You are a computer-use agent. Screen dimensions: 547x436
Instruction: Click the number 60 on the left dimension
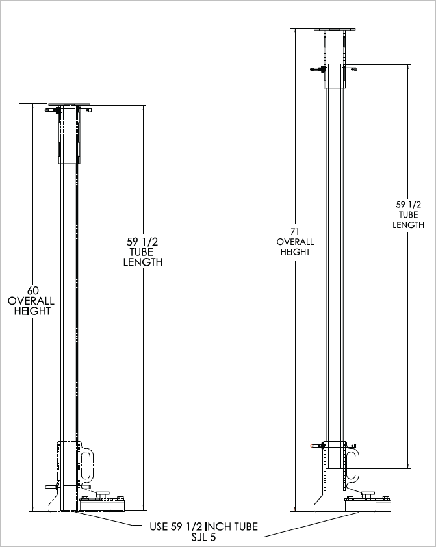(x=31, y=290)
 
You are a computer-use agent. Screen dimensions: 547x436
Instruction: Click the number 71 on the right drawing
(x=295, y=231)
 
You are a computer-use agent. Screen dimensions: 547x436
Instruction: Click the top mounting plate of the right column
(x=333, y=29)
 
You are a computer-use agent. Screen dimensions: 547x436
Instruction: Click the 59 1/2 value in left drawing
(x=142, y=242)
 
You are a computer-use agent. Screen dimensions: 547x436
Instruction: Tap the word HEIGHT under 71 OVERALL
(x=295, y=252)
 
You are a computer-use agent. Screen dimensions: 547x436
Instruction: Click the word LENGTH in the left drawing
(x=142, y=263)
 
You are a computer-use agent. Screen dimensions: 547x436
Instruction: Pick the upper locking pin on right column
(x=320, y=70)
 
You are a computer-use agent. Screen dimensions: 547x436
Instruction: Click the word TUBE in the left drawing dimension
(x=142, y=252)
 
